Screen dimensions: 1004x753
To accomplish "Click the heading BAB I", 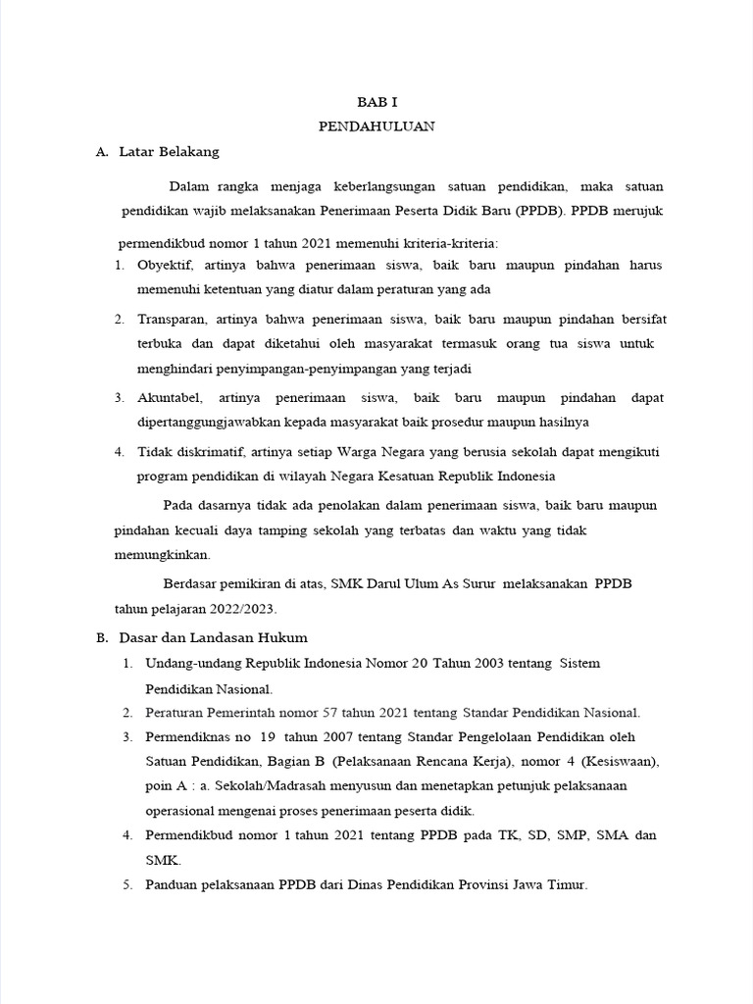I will tap(376, 101).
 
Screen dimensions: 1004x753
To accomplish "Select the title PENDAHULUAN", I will tap(376, 126).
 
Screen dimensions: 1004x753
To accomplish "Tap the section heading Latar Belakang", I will tap(169, 152).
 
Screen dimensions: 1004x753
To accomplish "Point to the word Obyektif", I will tap(167, 267).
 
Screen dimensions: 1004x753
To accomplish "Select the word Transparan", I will tap(172, 320).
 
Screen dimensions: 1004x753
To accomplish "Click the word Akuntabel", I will tap(170, 398).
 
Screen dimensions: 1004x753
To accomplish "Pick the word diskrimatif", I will tap(207, 452).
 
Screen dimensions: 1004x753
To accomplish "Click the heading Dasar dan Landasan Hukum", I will tap(213, 637).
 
